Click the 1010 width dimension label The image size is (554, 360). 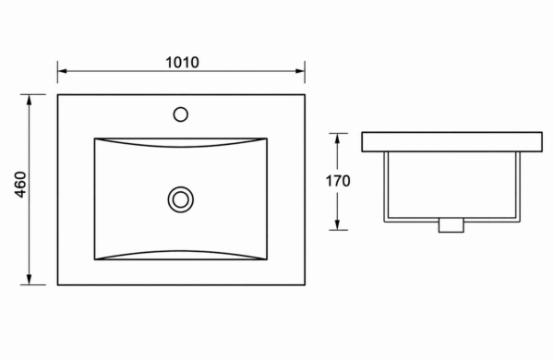[x=182, y=63]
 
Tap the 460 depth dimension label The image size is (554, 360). [x=21, y=185]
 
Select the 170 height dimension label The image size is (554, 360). [x=338, y=181]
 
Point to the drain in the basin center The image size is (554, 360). [x=181, y=199]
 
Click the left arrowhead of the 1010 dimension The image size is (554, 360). [x=62, y=71]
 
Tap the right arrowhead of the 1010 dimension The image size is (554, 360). [x=300, y=71]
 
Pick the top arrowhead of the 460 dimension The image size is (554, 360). [x=30, y=100]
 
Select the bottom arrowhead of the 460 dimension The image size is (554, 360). [x=30, y=280]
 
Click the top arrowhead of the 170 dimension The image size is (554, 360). [x=337, y=138]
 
